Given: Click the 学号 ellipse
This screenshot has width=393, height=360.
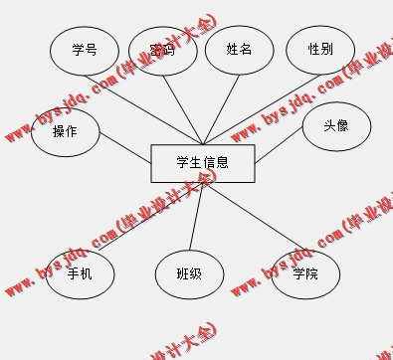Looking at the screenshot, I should (x=85, y=50).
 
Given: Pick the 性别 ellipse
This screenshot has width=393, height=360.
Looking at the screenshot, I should (x=320, y=50).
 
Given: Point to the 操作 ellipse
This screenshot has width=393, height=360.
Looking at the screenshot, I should (x=65, y=131).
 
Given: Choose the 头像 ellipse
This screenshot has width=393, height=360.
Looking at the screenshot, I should (x=336, y=127).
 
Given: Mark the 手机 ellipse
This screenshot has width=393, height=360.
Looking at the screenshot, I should (x=80, y=273).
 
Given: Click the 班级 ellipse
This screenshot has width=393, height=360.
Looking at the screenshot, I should (x=189, y=273).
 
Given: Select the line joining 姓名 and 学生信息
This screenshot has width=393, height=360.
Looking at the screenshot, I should (x=220, y=109).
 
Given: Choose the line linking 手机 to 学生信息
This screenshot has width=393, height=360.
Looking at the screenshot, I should (x=149, y=220).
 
